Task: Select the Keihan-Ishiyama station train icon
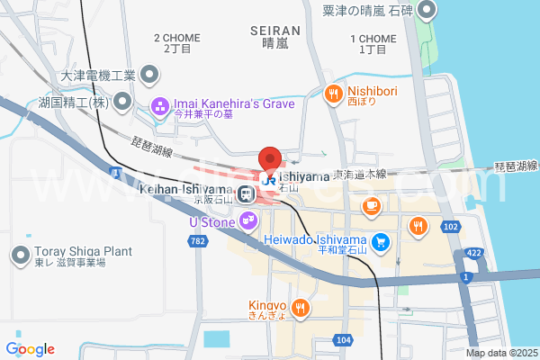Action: click(x=245, y=192)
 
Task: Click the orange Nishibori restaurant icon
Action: click(x=333, y=92)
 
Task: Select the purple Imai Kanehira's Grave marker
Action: click(x=160, y=106)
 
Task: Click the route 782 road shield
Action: click(x=199, y=241)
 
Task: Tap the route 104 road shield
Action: click(x=342, y=340)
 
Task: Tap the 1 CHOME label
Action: click(x=372, y=39)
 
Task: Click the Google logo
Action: click(x=30, y=348)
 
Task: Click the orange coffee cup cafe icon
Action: click(x=370, y=207)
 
